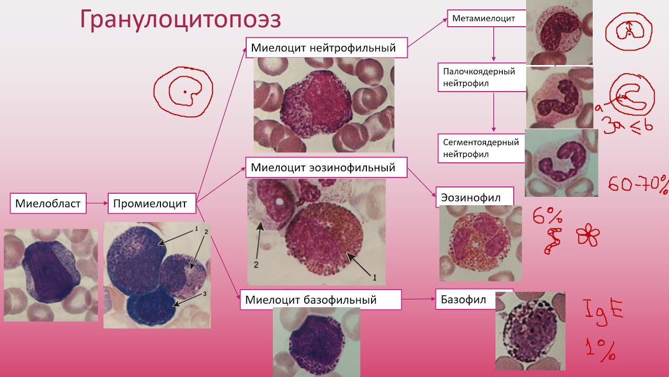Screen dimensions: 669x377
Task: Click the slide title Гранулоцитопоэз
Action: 180,20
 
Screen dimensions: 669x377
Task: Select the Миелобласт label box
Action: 48,204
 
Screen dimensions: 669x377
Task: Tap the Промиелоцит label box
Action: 152,204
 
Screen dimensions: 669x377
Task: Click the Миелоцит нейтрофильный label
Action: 327,48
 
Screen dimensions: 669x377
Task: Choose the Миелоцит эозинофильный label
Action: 326,167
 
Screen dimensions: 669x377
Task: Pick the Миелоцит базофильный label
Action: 321,300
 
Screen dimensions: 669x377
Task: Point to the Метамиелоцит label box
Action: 487,18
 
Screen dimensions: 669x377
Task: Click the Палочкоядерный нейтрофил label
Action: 482,77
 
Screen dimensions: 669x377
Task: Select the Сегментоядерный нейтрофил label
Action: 481,148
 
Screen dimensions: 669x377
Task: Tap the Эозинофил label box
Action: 475,197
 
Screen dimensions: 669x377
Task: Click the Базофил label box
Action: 466,299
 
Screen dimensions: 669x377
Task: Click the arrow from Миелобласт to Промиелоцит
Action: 97,203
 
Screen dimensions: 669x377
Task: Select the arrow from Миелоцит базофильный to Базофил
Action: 419,299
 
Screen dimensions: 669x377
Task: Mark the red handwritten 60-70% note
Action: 638,183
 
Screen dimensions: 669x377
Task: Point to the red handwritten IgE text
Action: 603,312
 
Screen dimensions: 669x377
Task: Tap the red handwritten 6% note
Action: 547,217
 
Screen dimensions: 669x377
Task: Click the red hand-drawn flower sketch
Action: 588,235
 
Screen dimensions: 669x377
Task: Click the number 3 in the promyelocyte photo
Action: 204,294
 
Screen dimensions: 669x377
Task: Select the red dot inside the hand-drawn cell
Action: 185,92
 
